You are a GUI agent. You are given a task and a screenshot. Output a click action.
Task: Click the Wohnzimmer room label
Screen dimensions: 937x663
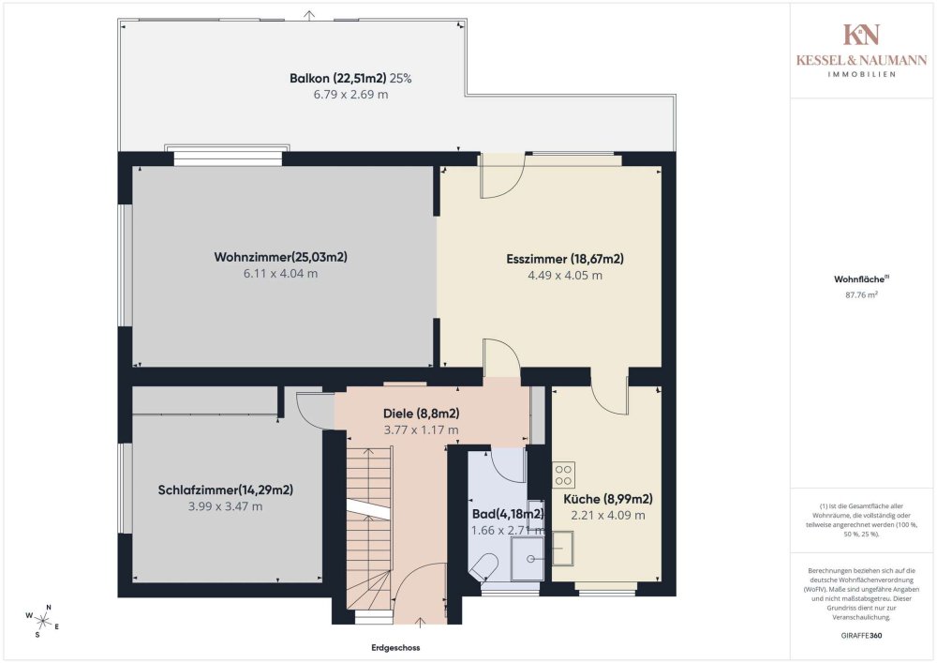[280, 257]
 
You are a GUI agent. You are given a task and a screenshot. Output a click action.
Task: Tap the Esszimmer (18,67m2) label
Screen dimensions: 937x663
[565, 259]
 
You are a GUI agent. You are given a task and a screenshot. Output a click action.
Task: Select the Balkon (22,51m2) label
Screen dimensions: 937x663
[337, 79]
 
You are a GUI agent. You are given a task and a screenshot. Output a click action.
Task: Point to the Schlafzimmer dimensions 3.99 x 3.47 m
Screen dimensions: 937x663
[225, 506]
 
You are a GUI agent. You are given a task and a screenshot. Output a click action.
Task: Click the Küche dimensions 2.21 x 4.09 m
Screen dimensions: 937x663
[608, 516]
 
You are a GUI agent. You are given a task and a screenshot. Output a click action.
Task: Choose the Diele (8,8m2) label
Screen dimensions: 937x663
[422, 414]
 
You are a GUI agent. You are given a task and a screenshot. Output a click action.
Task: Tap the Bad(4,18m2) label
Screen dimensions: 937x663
[508, 514]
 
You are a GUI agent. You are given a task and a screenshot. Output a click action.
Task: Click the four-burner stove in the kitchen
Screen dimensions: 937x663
[563, 475]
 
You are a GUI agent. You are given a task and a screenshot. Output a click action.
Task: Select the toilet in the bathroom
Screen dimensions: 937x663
[484, 566]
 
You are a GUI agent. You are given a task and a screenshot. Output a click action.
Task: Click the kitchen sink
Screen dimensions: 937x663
[562, 549]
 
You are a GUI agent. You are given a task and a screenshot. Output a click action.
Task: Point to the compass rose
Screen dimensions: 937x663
[42, 621]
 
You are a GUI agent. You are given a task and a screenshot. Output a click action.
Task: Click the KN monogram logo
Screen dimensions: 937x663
[861, 35]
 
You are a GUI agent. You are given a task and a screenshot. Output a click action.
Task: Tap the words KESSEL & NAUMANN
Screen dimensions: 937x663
[861, 60]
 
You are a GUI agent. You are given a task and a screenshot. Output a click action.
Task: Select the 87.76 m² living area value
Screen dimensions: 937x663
[861, 294]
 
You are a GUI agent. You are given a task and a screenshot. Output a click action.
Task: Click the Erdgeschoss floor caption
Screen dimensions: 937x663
[395, 647]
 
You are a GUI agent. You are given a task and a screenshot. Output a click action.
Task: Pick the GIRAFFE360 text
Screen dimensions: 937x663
[861, 636]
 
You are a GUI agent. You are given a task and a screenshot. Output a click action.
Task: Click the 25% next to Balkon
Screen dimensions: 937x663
[400, 79]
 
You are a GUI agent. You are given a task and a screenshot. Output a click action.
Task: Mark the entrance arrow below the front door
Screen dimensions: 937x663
[420, 623]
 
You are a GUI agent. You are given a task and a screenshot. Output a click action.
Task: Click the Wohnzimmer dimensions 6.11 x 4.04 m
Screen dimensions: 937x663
[280, 274]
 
